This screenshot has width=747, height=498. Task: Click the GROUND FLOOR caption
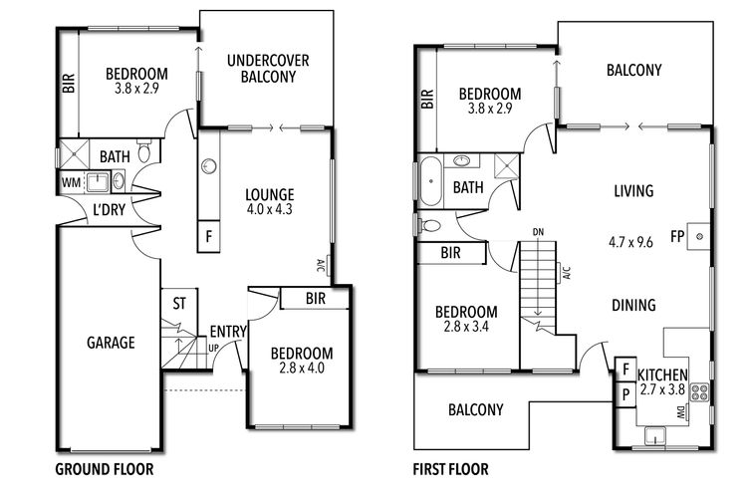point(105,469)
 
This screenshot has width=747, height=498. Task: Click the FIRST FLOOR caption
point(450,469)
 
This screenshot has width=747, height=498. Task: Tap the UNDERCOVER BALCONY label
point(268,68)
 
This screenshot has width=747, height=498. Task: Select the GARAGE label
point(111,343)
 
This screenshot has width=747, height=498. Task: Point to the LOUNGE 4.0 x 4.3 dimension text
point(270,209)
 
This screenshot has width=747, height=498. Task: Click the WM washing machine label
point(71,182)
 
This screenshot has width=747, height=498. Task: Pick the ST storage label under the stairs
point(179,304)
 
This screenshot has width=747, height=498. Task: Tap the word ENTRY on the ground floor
point(228,332)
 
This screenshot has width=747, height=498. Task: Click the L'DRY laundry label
point(110,209)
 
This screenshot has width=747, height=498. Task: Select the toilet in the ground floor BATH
point(143,149)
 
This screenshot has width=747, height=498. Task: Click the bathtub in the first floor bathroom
point(431,180)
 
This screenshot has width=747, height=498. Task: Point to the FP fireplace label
point(677,236)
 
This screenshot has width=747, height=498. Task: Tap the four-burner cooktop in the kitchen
point(700,392)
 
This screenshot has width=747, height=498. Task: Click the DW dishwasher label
point(681,413)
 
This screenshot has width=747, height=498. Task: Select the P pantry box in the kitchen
point(625,394)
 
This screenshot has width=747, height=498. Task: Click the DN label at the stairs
point(538,232)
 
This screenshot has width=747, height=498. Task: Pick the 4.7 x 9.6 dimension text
point(630,243)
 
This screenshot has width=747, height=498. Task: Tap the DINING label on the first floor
point(633,305)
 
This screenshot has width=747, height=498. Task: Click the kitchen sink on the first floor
point(655,435)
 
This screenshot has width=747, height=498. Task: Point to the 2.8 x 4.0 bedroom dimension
point(302,368)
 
